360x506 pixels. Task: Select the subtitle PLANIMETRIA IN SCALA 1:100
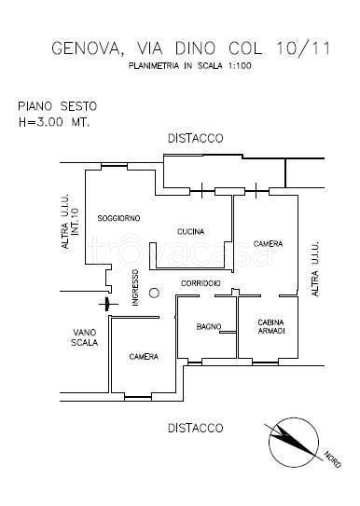coord(192,66)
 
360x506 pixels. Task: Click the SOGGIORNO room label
coord(118,218)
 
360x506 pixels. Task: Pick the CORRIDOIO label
coord(201,282)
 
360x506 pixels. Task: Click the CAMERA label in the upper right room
coord(267,244)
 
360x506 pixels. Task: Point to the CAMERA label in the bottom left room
coord(144,356)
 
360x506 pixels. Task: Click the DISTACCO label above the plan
coord(195,138)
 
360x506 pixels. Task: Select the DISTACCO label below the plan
coord(195,428)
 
